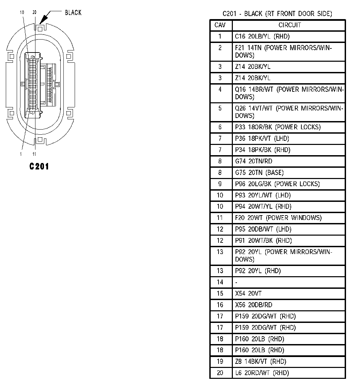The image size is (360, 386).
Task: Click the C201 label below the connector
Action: click(x=39, y=166)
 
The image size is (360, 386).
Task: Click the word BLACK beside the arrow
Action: click(x=73, y=13)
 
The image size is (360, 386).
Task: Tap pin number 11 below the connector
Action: click(x=34, y=154)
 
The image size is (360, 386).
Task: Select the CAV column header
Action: click(x=220, y=25)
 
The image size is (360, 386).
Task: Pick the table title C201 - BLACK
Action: click(x=277, y=14)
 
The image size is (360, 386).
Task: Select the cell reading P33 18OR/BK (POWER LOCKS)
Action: click(x=278, y=127)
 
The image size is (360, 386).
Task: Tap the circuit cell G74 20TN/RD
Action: click(x=254, y=161)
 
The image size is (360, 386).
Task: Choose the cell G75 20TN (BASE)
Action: click(x=259, y=173)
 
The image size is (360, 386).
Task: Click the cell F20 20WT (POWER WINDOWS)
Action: click(x=278, y=218)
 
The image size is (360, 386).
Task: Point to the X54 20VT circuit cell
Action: click(x=249, y=293)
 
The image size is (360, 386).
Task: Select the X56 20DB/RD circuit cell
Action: click(x=254, y=305)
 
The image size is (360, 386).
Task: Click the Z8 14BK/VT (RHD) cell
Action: click(x=260, y=361)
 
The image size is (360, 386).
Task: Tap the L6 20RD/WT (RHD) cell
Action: click(x=262, y=373)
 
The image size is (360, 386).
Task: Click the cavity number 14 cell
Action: click(x=220, y=282)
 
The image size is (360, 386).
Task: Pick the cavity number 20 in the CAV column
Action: click(x=220, y=373)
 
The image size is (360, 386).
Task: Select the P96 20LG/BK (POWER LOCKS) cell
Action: click(x=277, y=184)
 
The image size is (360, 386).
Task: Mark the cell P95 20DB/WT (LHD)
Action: click(x=263, y=229)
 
